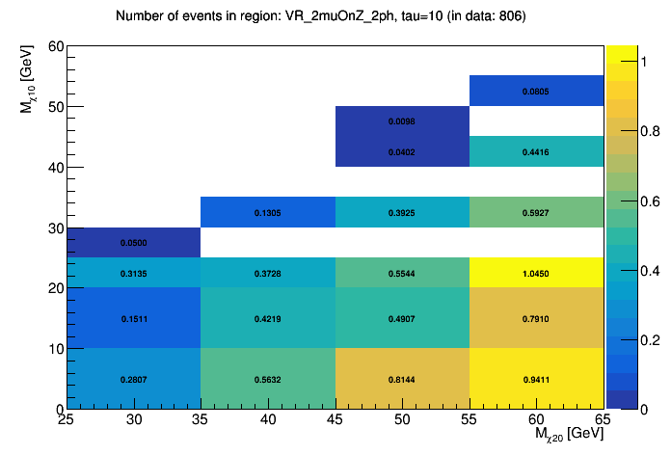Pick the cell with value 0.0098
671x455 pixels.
tap(401, 121)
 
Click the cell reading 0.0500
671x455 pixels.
tap(134, 243)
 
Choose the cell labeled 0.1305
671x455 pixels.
tap(267, 212)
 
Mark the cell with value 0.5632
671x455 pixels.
tap(267, 379)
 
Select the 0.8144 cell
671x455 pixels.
tap(401, 379)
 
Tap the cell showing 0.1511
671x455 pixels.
tap(134, 318)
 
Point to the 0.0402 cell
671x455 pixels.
tap(401, 152)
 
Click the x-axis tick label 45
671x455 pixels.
tap(335, 420)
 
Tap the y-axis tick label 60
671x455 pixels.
tap(56, 46)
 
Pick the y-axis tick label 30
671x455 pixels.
tap(56, 228)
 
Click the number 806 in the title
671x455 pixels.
tap(509, 16)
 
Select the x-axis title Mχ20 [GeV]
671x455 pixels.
tap(568, 436)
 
